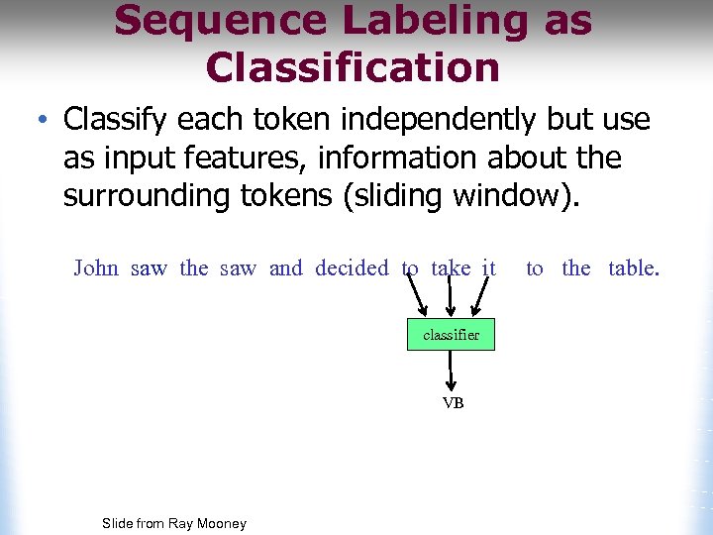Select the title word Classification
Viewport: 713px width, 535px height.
(353, 67)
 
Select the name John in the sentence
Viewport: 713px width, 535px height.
(96, 268)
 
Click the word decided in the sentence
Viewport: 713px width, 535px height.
(353, 268)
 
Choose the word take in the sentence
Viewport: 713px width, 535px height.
(451, 268)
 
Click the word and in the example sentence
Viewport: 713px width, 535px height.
(286, 268)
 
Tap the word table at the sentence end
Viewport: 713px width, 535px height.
(632, 268)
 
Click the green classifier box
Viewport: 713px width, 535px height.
(451, 335)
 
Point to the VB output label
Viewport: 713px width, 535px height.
(453, 403)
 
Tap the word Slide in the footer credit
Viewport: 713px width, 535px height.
(118, 523)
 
